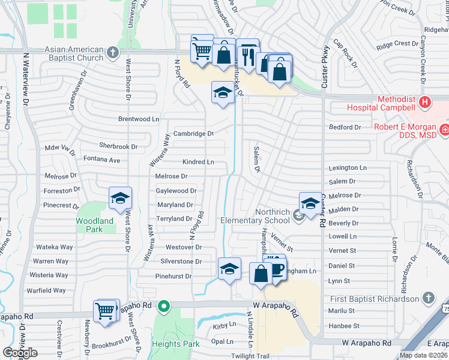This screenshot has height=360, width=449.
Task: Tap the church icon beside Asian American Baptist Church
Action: (x=112, y=53)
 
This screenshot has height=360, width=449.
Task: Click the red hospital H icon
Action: (x=426, y=103)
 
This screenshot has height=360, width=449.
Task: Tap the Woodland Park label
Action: (x=94, y=225)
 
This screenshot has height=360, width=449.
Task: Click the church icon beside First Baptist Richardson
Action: (x=428, y=298)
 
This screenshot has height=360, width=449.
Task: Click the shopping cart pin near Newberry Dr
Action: (x=105, y=311)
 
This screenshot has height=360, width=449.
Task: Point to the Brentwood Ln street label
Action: (x=139, y=119)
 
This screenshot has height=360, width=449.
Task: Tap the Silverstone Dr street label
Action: (x=181, y=261)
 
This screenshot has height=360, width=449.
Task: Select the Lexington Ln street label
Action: (x=348, y=168)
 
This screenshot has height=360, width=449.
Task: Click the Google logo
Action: (x=20, y=353)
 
